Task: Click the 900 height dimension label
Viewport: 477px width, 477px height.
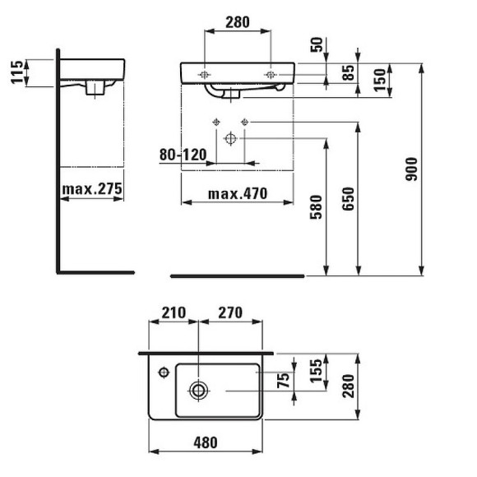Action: coord(413,168)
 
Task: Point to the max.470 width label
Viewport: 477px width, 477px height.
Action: coord(237,194)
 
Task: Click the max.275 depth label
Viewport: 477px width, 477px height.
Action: coord(92,189)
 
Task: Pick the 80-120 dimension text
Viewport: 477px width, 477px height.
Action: coord(183,153)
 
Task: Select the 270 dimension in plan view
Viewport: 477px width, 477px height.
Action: coord(231,313)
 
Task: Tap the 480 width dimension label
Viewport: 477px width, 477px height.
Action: coord(206,442)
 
